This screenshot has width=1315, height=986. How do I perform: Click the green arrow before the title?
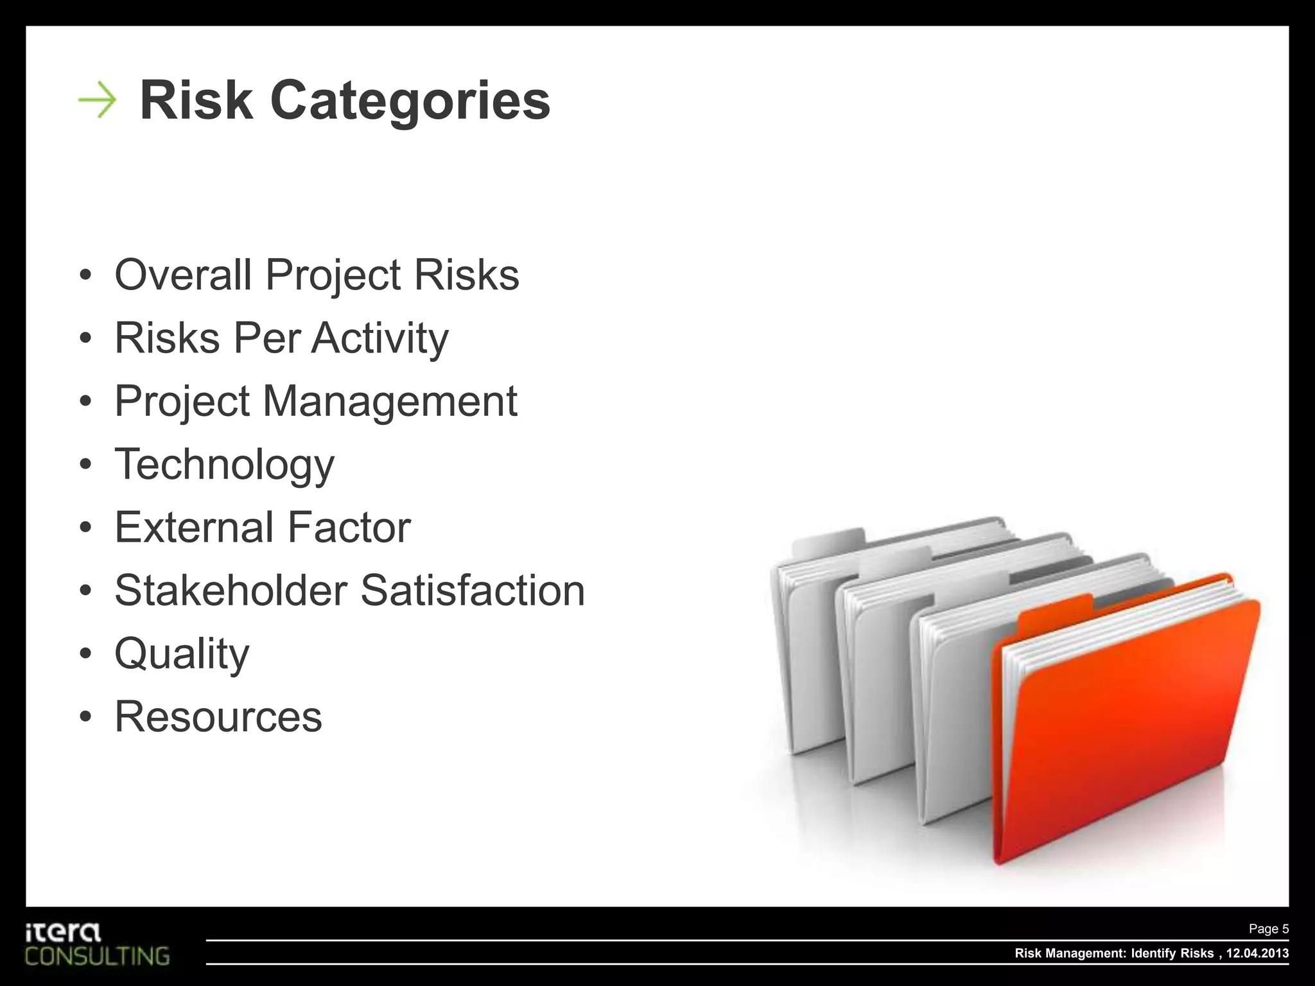click(x=97, y=101)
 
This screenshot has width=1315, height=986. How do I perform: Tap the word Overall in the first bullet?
click(x=183, y=275)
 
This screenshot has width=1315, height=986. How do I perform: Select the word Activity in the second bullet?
click(x=380, y=338)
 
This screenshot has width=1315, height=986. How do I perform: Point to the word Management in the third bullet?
click(x=390, y=401)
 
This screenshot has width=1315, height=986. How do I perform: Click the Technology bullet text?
click(x=224, y=464)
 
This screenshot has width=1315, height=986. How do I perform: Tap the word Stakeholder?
click(x=231, y=590)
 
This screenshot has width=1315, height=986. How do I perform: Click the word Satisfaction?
click(x=473, y=590)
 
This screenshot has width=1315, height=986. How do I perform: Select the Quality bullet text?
click(x=182, y=653)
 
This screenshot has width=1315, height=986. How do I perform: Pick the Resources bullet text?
click(x=218, y=716)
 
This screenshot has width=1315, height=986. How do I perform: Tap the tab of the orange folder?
click(x=1056, y=610)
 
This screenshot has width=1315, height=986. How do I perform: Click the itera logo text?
click(x=63, y=933)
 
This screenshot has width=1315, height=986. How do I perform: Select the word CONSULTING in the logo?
click(x=98, y=956)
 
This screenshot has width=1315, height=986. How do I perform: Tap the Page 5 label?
click(x=1268, y=929)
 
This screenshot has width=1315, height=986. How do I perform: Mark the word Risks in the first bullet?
click(x=466, y=275)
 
